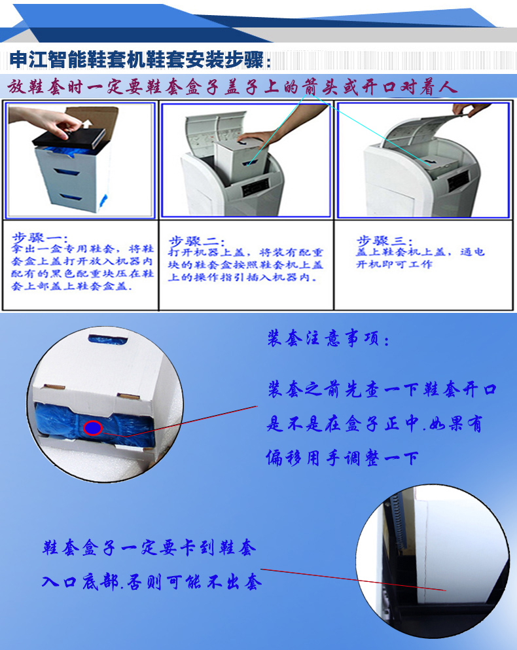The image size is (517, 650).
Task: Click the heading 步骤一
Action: (x=40, y=238)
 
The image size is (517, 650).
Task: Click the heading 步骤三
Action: (x=384, y=241)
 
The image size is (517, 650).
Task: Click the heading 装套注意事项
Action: (x=328, y=338)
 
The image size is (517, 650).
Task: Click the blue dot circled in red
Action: (x=93, y=428)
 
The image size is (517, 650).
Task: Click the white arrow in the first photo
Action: (x=86, y=123)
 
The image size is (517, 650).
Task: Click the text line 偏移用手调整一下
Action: (x=342, y=458)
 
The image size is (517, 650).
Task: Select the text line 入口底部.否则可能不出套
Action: (x=152, y=583)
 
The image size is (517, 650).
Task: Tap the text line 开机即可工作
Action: (x=394, y=264)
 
